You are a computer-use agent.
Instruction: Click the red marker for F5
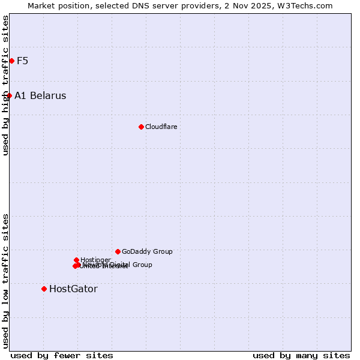[11, 61]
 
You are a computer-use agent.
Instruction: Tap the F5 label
[22, 61]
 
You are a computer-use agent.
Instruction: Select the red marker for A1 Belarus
[9, 95]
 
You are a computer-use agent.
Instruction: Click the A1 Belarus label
[40, 95]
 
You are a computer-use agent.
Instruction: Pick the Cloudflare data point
[141, 127]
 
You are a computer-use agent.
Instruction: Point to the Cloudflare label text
[161, 127]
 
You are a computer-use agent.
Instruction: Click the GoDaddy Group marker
[118, 251]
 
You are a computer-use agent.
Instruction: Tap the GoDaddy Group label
[147, 251]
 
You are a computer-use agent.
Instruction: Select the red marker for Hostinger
[76, 260]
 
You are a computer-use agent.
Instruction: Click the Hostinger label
[95, 260]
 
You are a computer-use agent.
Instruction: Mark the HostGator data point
[44, 289]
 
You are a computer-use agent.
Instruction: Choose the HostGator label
[73, 289]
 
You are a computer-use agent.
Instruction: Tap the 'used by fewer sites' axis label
[62, 355]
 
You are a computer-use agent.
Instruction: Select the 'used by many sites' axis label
[301, 355]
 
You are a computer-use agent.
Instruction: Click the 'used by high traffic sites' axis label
[5, 85]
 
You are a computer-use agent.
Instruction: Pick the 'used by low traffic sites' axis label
[5, 281]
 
